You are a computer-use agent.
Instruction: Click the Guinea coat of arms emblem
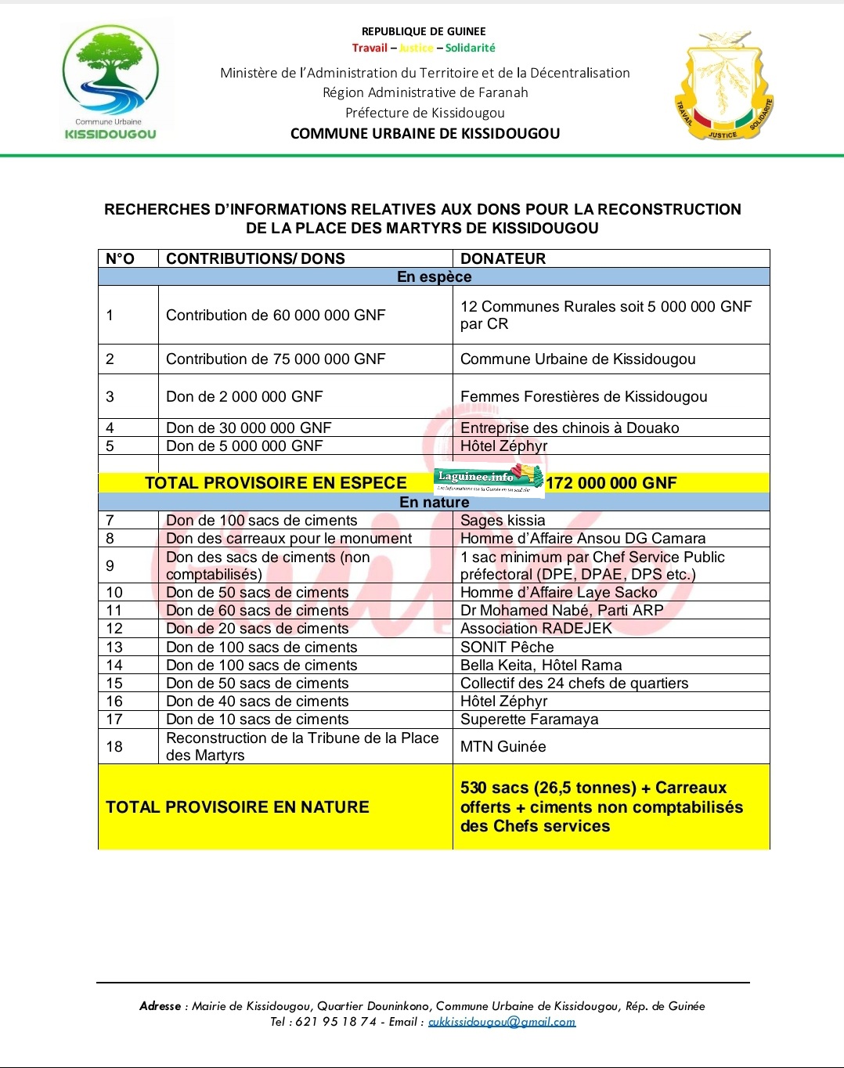(724, 86)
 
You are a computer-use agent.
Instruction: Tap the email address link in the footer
(501, 1022)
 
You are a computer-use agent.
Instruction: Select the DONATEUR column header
(503, 258)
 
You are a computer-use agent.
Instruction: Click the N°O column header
(120, 258)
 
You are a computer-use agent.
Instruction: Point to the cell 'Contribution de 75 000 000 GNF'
(276, 359)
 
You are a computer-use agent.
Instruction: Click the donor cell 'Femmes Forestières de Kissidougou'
(583, 396)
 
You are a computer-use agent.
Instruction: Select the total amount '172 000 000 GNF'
(611, 483)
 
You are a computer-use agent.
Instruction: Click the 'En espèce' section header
(434, 276)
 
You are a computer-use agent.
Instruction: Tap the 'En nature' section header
(434, 502)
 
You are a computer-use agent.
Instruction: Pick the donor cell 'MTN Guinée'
(503, 746)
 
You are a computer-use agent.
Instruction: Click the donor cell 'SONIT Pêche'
(507, 647)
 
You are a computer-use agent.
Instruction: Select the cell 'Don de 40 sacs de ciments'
(257, 701)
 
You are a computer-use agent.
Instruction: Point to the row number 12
(114, 628)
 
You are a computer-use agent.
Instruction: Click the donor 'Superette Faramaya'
(529, 719)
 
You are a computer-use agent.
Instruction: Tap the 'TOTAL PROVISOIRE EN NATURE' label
(237, 806)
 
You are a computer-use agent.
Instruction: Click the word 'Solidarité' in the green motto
(470, 48)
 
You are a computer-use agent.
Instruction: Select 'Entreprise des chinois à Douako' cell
(569, 428)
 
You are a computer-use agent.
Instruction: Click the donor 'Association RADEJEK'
(536, 628)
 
